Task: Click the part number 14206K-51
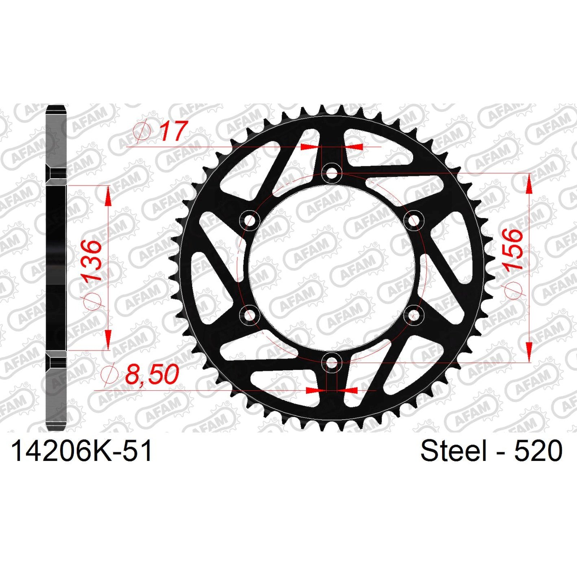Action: pos(82,451)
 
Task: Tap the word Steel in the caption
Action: pos(453,451)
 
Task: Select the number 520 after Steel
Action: pos(538,451)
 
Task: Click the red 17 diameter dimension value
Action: pos(173,131)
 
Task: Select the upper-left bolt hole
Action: pos(249,220)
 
